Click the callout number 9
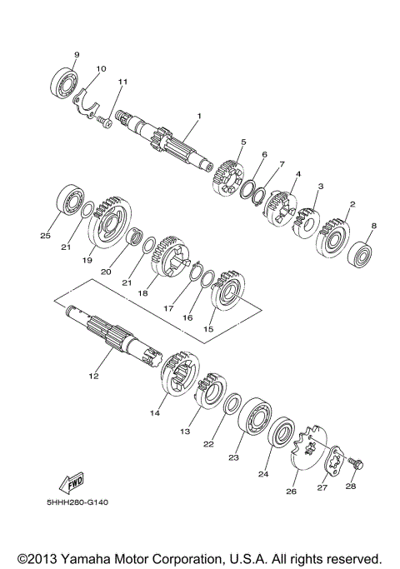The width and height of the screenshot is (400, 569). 76,55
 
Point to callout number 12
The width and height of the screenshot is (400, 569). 93,377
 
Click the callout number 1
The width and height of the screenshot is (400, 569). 199,115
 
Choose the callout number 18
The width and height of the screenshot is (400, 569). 142,293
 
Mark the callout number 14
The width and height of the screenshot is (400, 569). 153,411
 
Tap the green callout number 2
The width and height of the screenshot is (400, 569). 352,204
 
